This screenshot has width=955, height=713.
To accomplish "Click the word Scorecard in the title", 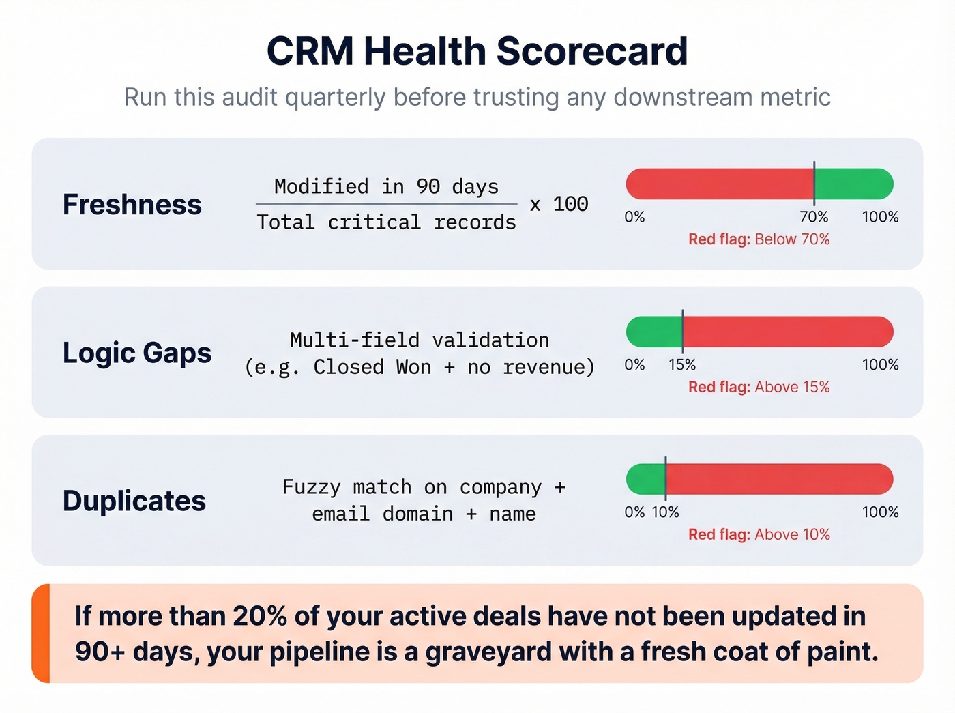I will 591,51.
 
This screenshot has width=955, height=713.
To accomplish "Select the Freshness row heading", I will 132,204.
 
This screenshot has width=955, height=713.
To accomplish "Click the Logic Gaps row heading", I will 137,352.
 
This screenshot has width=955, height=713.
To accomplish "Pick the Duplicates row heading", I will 134,500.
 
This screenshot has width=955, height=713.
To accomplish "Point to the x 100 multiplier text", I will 559,203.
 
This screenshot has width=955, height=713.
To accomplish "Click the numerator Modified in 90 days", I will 386,186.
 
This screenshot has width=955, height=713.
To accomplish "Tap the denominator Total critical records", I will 386,222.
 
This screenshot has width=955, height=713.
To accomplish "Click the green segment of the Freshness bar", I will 853,184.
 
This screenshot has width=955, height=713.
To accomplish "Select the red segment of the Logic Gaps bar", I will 784,332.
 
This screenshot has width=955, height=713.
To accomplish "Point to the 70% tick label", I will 814,217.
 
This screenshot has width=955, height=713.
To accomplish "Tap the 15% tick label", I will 682,365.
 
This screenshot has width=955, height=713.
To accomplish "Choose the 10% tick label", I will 665,512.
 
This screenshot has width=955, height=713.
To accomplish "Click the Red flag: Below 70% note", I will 759,239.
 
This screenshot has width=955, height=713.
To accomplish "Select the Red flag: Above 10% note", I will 759,534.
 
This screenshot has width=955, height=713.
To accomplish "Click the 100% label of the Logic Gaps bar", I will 880,365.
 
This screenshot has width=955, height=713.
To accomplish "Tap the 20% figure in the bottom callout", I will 260,616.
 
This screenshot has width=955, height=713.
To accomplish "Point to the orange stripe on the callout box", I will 41,633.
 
